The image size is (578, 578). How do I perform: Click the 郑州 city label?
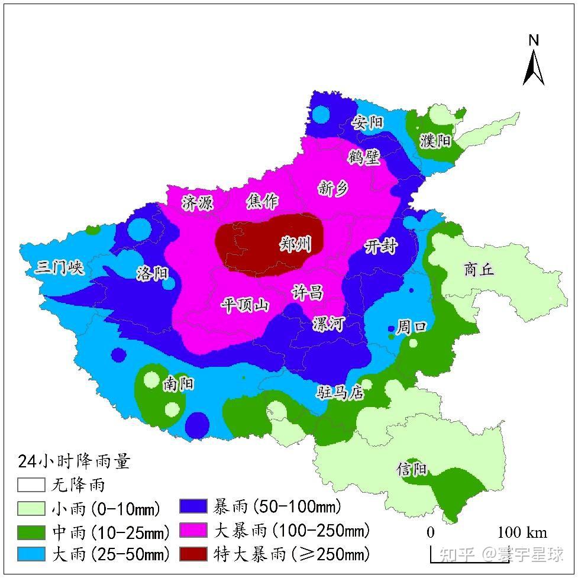[x=295, y=244]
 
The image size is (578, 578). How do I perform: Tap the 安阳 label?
[x=367, y=123]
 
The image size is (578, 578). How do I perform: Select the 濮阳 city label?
[x=435, y=141]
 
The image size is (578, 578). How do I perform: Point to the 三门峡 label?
[x=59, y=268]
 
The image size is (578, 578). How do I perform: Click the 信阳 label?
[x=412, y=470]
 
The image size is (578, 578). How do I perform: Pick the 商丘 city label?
[x=479, y=270]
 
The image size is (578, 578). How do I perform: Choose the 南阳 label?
[x=179, y=385]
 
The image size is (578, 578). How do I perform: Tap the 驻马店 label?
[x=340, y=392]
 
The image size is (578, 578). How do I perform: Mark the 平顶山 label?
[x=245, y=305]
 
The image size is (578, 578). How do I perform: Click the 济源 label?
[x=198, y=203]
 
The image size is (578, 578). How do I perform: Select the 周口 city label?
[x=412, y=327]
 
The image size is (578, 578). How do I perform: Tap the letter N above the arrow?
[x=534, y=40]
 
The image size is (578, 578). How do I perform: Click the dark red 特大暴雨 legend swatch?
[x=193, y=554]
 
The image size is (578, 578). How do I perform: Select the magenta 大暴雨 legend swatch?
[x=193, y=530]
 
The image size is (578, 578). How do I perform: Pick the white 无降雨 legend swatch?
[x=31, y=485]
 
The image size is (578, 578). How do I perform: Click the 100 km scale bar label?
[x=522, y=532]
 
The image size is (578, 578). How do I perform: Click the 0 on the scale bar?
[x=431, y=532]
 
